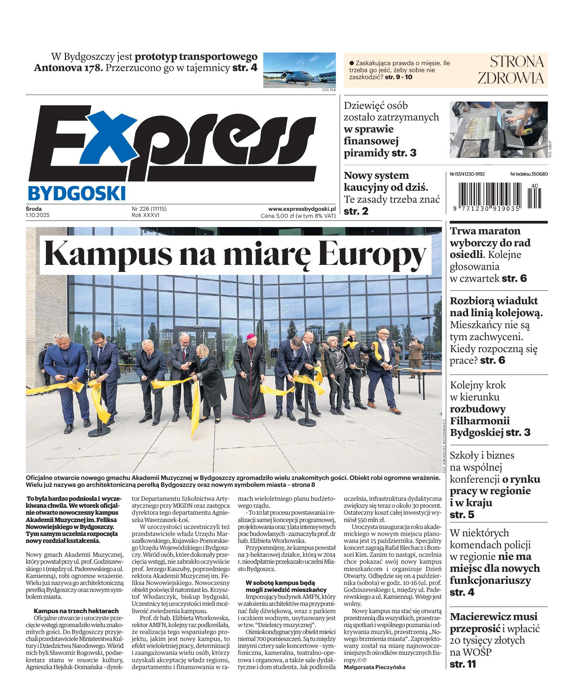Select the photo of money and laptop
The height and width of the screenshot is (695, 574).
[498, 129]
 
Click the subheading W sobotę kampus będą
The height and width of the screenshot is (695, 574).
[280, 583]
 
